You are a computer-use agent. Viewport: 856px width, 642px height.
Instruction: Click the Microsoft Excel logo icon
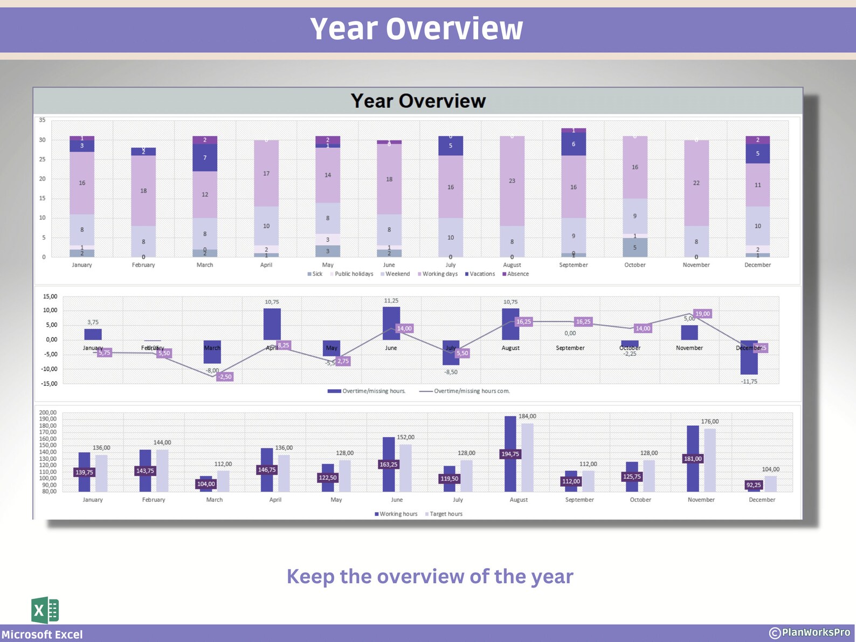(x=45, y=611)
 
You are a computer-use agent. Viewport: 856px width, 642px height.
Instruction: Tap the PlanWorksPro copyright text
(x=810, y=632)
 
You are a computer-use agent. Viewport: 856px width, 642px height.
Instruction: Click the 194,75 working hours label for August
(x=510, y=454)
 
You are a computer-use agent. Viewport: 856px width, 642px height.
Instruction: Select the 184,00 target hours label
(x=527, y=416)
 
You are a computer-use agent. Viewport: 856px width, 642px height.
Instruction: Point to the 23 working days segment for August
(x=512, y=181)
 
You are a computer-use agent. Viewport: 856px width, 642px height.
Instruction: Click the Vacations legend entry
(x=480, y=274)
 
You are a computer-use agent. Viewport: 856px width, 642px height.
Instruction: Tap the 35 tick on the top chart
(x=42, y=120)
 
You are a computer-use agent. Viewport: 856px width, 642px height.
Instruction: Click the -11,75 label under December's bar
(x=749, y=382)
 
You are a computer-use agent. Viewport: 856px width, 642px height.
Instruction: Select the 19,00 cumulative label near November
(x=702, y=314)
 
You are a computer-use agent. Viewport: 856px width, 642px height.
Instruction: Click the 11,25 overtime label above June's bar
(x=391, y=301)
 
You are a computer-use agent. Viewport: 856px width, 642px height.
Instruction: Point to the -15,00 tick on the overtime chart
(x=49, y=384)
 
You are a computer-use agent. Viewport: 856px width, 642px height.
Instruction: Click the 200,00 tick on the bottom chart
(x=47, y=412)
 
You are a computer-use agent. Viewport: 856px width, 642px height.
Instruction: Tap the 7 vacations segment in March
(x=205, y=158)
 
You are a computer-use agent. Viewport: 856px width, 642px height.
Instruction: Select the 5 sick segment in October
(x=635, y=248)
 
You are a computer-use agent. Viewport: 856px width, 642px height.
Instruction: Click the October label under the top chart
(x=635, y=265)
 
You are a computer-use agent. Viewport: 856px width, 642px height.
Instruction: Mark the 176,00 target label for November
(x=710, y=422)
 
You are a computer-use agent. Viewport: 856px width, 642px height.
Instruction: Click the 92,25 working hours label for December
(x=754, y=485)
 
